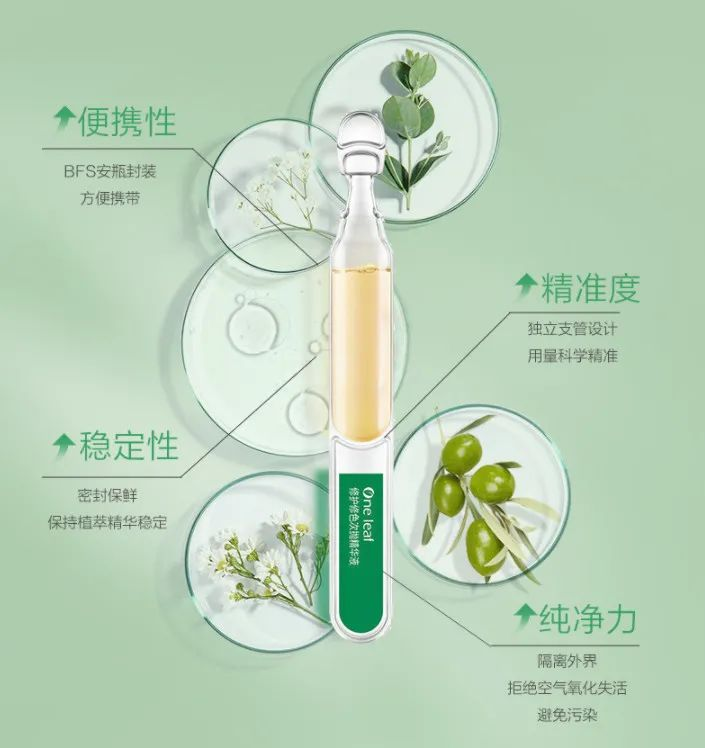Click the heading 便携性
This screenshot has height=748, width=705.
tap(127, 121)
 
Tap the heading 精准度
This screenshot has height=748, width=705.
tap(590, 288)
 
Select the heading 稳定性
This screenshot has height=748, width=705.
tap(128, 447)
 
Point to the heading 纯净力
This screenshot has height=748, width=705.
tap(588, 618)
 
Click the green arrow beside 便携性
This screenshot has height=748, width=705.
tap(64, 118)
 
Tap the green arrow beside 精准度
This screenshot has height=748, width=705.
tap(526, 285)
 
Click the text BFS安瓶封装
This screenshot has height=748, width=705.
tap(110, 171)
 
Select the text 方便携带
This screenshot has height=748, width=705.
tap(110, 198)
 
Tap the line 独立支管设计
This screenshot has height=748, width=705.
tap(572, 329)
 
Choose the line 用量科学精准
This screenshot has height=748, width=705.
tap(572, 355)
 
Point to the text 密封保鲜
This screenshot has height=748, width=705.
tap(108, 496)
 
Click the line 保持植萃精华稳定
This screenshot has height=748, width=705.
tap(108, 522)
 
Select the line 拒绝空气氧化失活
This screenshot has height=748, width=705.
tap(567, 688)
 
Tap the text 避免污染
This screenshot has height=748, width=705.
tap(567, 715)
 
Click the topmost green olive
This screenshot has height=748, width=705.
tap(462, 451)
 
